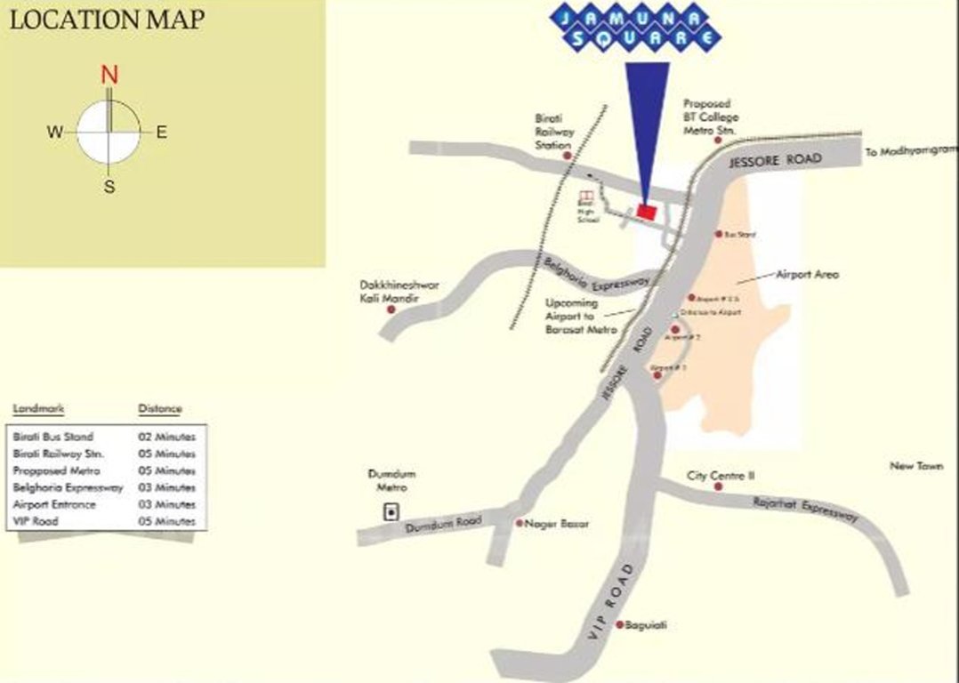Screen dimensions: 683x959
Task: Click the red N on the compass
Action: [109, 75]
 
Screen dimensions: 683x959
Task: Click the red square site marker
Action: [647, 212]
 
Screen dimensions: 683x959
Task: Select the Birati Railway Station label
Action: [554, 131]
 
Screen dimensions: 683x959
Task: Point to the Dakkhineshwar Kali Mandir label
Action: [387, 292]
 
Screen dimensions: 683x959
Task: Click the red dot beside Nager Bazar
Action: [520, 523]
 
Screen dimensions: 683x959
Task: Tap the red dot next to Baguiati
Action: [620, 624]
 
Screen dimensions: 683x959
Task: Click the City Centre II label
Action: [721, 476]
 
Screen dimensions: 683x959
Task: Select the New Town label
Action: [916, 466]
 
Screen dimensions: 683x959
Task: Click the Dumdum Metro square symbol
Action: [390, 511]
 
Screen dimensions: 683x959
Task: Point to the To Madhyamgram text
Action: [910, 152]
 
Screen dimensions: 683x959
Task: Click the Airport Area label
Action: [807, 275]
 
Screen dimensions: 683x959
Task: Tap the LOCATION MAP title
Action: [106, 20]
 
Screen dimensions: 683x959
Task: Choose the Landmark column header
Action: [38, 409]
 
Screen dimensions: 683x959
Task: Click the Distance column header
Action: [159, 409]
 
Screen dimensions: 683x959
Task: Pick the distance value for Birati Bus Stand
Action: [166, 438]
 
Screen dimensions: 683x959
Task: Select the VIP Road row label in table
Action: [36, 521]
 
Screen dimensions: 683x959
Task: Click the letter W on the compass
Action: [55, 133]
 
